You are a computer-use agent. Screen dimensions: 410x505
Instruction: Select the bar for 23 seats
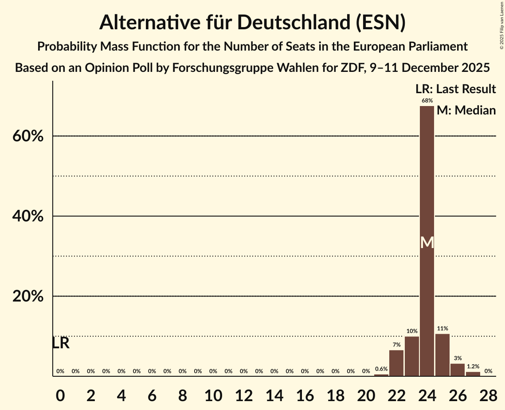(x=412, y=356)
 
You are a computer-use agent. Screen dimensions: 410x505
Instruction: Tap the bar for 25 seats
(x=442, y=355)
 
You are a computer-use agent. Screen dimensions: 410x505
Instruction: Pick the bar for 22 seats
(x=396, y=363)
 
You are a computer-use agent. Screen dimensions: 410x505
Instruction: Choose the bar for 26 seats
(x=458, y=370)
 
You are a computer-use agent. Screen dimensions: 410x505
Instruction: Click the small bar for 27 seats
(x=473, y=374)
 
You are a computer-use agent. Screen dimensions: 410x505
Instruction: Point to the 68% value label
(x=427, y=101)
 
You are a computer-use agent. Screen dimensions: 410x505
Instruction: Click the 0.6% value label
(x=381, y=369)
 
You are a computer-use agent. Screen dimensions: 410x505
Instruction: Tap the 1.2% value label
(x=473, y=367)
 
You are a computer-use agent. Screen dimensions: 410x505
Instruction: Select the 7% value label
(x=396, y=345)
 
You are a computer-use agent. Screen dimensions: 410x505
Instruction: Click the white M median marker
(x=427, y=242)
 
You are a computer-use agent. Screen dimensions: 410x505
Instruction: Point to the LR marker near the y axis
(x=61, y=343)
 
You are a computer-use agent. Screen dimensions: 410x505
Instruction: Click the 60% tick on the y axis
(x=28, y=136)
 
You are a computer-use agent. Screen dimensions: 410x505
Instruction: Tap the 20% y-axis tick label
(x=28, y=296)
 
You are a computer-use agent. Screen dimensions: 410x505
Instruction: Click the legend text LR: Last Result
(x=455, y=89)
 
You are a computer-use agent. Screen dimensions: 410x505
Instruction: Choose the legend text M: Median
(x=466, y=110)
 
